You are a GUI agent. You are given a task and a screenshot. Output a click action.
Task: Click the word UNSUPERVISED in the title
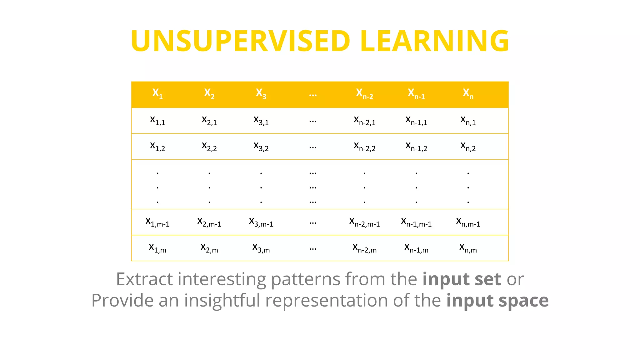coord(240,41)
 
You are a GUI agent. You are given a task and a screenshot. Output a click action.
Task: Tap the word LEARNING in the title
coord(434,41)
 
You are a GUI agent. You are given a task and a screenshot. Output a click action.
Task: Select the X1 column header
coord(157,93)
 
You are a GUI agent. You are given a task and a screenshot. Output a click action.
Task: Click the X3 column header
coord(261,93)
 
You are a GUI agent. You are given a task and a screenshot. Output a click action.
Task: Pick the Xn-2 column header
coord(364,93)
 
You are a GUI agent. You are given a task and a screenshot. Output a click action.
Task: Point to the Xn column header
coord(468,93)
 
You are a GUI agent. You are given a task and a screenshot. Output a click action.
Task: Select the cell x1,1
coord(157,120)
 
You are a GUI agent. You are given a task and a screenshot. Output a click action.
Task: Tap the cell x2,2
coord(209,146)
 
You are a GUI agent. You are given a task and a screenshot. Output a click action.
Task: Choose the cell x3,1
coord(261,120)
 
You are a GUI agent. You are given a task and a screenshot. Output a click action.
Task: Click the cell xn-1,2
coord(416,146)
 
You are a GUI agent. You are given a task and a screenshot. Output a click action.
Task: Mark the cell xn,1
coord(468,120)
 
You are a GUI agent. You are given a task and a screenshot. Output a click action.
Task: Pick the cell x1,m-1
coord(157,222)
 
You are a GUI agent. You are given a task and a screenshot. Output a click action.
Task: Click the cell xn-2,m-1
coord(364,222)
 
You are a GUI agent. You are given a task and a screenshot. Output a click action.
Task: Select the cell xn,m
coord(468,248)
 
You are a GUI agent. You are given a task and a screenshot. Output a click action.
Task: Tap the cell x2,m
coord(209,248)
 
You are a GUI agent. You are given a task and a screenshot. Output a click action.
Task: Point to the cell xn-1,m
coord(416,248)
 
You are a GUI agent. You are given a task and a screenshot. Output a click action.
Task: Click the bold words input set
coord(462,279)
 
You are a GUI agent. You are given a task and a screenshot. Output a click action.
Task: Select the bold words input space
coord(497,301)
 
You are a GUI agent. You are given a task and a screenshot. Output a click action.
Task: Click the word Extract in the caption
coord(144,279)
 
